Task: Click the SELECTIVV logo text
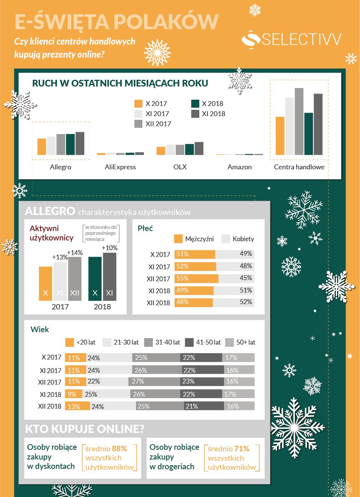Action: coord(301,39)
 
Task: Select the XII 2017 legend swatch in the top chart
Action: coord(139,124)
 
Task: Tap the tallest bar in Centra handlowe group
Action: coord(299,121)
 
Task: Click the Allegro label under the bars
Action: coord(61,167)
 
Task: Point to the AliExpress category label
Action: coord(120,167)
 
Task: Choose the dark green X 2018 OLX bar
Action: coord(190,149)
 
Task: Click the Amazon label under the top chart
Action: coord(240,167)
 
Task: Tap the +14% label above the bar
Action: coord(75,253)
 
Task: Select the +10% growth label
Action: coord(110,248)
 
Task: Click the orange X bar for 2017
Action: coord(46,284)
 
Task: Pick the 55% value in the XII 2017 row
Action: coord(182,278)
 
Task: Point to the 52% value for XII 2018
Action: coord(246,302)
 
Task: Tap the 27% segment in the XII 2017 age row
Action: coord(138,381)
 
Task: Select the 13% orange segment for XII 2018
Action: coord(74,406)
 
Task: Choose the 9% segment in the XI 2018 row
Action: coord(72,394)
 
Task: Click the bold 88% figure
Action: coord(119,449)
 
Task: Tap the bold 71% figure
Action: coord(242,449)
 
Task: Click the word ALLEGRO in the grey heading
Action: coord(50,211)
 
